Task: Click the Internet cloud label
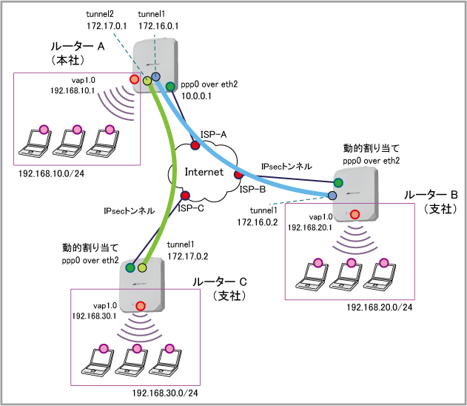pyautogui.click(x=204, y=172)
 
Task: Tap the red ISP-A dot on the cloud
pyautogui.click(x=195, y=145)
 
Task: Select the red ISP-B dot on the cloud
pyautogui.click(x=238, y=175)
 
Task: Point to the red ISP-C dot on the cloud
pyautogui.click(x=185, y=196)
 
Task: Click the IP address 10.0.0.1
pyautogui.click(x=196, y=96)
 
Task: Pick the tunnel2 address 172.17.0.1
pyautogui.click(x=107, y=26)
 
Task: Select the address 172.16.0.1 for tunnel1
pyautogui.click(x=158, y=26)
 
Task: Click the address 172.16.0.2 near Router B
pyautogui.click(x=258, y=222)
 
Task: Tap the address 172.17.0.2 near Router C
pyautogui.click(x=188, y=256)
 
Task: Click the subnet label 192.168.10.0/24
pyautogui.click(x=51, y=173)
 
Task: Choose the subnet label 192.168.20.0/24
pyautogui.click(x=380, y=307)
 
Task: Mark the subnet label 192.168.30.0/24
pyautogui.click(x=165, y=393)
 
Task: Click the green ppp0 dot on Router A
pyautogui.click(x=170, y=87)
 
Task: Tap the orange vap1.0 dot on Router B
pyautogui.click(x=355, y=214)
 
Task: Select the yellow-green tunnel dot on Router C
pyautogui.click(x=142, y=267)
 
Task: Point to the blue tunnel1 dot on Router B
pyautogui.click(x=332, y=196)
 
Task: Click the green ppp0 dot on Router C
pyautogui.click(x=130, y=267)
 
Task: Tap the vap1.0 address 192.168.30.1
pyautogui.click(x=94, y=316)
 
